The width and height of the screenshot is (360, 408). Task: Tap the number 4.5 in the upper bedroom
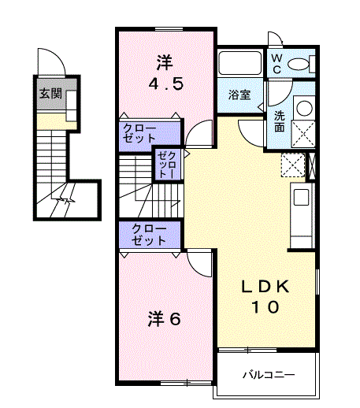click(167, 84)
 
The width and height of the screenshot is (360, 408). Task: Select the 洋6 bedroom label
click(165, 319)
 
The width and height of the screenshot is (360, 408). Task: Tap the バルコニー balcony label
click(268, 375)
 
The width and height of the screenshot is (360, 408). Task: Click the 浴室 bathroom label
click(239, 95)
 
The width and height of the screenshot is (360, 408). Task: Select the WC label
click(277, 64)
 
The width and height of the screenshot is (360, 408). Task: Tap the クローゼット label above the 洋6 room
click(149, 235)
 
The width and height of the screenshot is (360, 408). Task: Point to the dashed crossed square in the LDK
click(293, 165)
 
